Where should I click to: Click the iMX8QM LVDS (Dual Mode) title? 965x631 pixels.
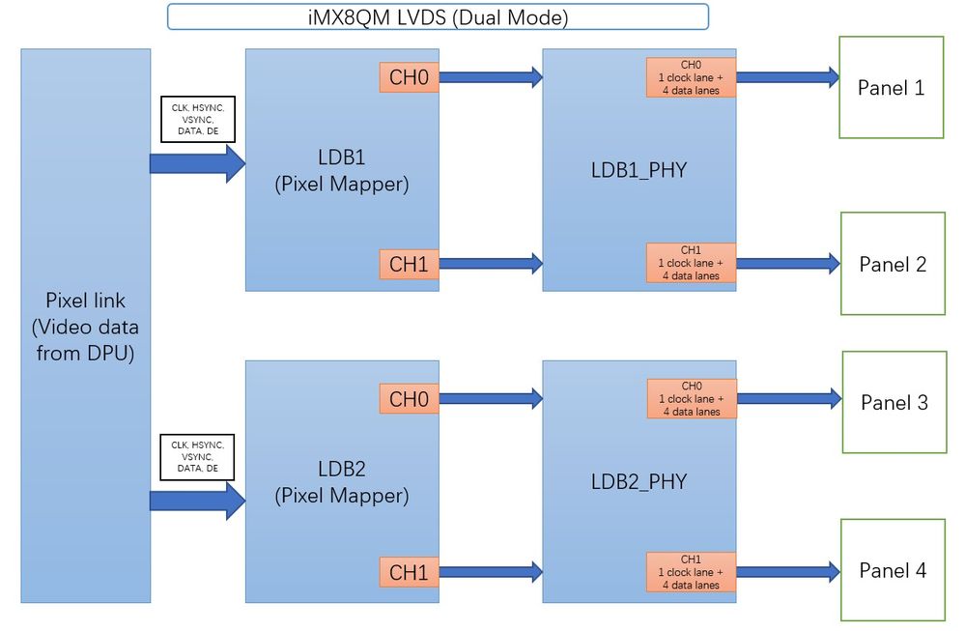pos(438,16)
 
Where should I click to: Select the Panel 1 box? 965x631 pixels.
pos(891,88)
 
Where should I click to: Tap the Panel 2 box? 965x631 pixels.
pos(893,264)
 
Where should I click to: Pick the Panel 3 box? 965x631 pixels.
pos(894,402)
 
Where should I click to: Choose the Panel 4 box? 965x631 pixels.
pos(893,570)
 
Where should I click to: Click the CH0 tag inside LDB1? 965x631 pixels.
pos(409,77)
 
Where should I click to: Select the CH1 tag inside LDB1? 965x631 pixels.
pos(409,263)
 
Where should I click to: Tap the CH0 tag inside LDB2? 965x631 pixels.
pos(409,398)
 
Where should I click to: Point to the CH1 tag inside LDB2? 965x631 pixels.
pos(409,572)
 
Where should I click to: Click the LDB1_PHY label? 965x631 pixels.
pos(639,170)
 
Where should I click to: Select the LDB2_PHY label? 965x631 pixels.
pos(639,481)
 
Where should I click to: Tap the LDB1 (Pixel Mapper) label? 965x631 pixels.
pos(342,170)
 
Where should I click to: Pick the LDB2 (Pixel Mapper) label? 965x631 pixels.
pos(342,482)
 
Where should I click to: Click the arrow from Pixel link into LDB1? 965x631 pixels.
pos(198,163)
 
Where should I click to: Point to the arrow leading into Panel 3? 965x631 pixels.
pos(788,397)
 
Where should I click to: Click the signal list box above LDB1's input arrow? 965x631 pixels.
pos(197,118)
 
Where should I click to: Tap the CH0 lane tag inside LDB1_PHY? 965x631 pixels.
pos(691,77)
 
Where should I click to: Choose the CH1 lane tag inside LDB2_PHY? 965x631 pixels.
pos(691,572)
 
